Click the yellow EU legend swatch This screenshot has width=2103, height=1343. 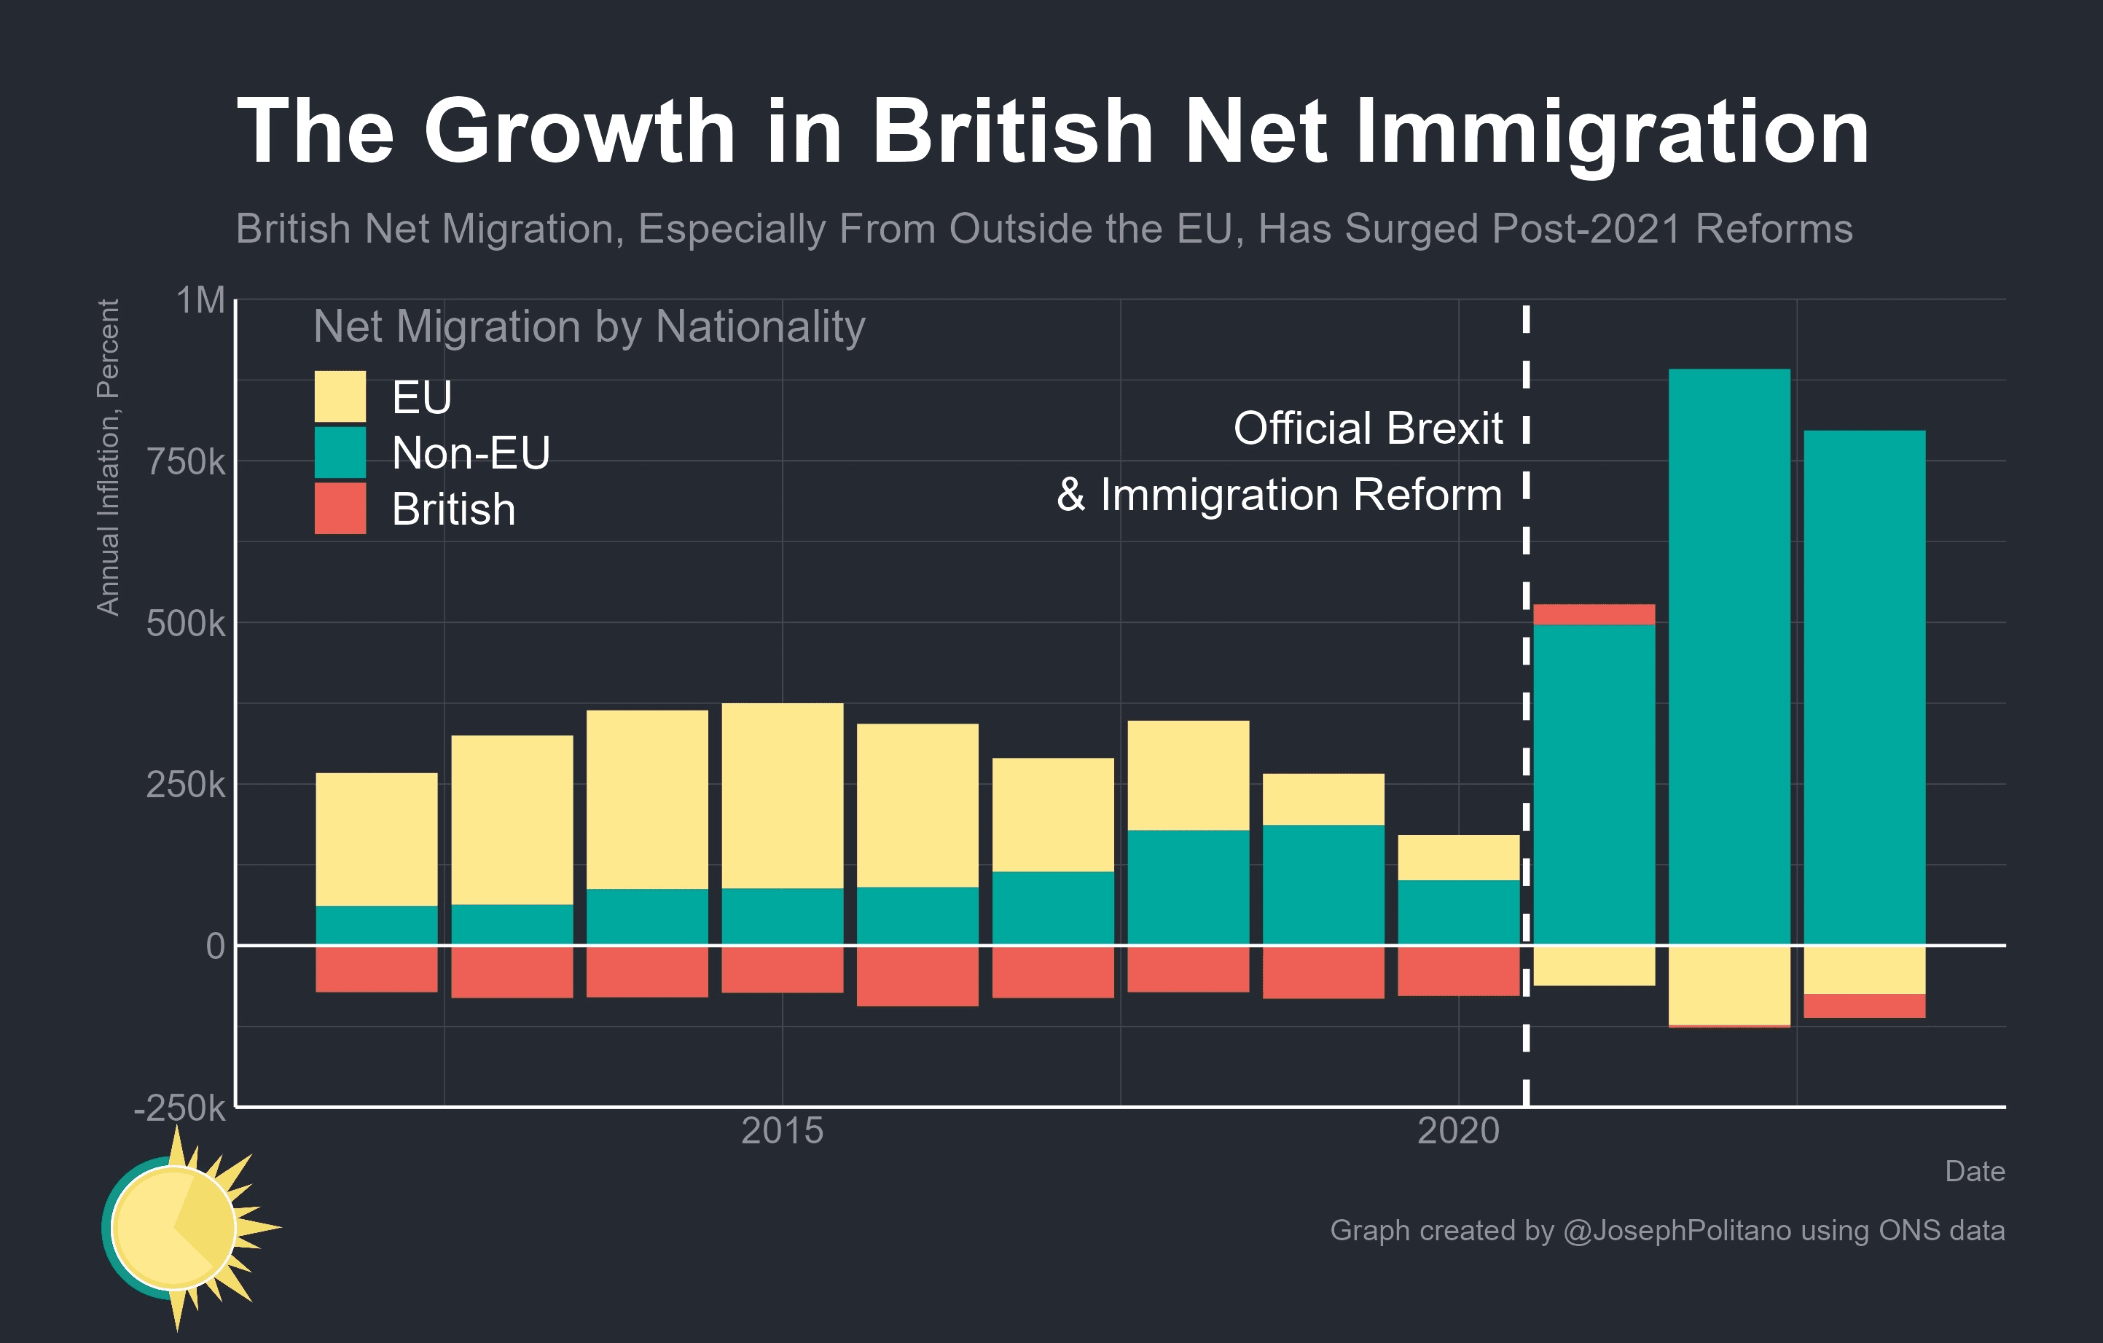[x=340, y=396]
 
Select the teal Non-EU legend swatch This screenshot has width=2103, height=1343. [x=340, y=453]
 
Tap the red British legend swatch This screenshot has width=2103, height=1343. [x=340, y=508]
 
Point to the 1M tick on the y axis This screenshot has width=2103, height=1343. [x=201, y=300]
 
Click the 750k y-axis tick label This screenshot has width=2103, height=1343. [x=185, y=462]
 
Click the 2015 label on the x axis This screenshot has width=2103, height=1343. [x=782, y=1132]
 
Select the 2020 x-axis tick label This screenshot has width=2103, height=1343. [x=1457, y=1132]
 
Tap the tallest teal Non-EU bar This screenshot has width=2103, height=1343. [x=1728, y=655]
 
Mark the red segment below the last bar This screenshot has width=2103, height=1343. [x=1864, y=1006]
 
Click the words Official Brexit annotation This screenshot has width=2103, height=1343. [x=1367, y=428]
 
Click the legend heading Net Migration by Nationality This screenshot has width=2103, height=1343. [x=589, y=326]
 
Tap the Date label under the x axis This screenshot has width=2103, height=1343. [x=1974, y=1172]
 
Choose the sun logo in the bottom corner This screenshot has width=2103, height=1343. [x=179, y=1227]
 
